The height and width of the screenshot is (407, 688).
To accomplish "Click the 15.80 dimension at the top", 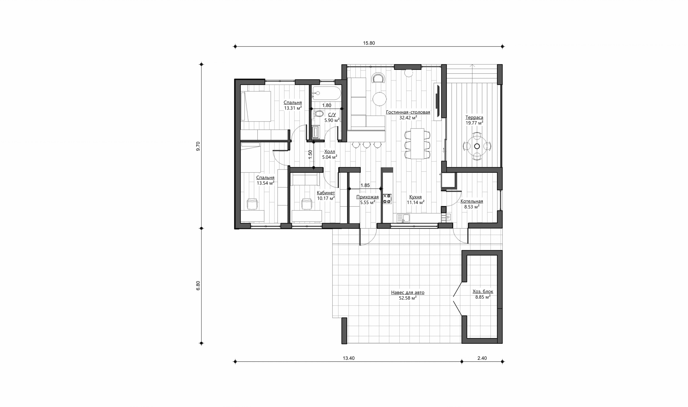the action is point(369,43).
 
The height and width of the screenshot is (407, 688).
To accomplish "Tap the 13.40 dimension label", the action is point(348,358).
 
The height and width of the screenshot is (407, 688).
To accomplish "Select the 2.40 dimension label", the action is point(482,358).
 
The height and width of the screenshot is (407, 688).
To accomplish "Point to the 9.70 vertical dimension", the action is point(198,146).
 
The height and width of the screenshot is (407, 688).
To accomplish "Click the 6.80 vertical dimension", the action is point(198,286).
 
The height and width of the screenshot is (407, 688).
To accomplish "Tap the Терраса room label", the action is point(474,117).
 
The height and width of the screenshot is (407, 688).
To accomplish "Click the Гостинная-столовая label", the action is point(408,112).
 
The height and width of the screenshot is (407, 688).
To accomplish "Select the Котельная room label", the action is point(472,201).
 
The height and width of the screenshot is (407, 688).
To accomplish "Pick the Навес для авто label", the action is point(408,293).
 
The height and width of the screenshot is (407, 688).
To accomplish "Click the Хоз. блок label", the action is point(483,292).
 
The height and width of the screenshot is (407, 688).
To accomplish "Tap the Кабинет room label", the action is point(326,193).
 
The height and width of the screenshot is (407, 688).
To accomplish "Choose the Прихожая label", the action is point(367,197).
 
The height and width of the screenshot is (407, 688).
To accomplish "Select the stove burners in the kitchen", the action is point(387,199).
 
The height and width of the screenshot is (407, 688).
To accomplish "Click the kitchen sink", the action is point(403,218).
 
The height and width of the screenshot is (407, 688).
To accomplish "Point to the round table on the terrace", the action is point(477,146).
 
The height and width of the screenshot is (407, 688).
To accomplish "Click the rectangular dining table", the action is point(417,144).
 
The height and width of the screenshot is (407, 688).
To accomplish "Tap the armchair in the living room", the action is point(378,78).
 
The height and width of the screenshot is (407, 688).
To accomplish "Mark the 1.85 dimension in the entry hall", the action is point(365,185).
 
